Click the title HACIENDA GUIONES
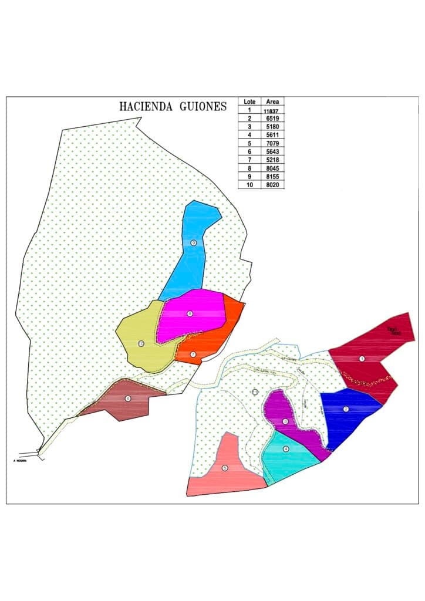click(x=173, y=107)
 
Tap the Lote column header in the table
click(x=249, y=102)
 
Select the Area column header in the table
click(x=271, y=102)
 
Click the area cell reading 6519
click(x=271, y=118)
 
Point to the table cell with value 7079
click(x=271, y=143)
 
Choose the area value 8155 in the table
click(x=271, y=176)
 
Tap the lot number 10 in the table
click(x=249, y=184)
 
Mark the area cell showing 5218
click(x=271, y=160)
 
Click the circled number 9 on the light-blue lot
click(x=193, y=243)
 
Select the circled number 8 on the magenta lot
click(x=190, y=313)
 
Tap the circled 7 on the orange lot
click(x=193, y=354)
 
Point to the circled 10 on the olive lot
click(x=141, y=343)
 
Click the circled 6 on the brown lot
click(x=127, y=399)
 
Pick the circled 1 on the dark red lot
click(x=362, y=359)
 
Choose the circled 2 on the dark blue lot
click(x=346, y=409)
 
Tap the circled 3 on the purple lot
click(x=285, y=421)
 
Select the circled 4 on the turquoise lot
click(x=286, y=449)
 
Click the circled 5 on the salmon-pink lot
click(x=225, y=468)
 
